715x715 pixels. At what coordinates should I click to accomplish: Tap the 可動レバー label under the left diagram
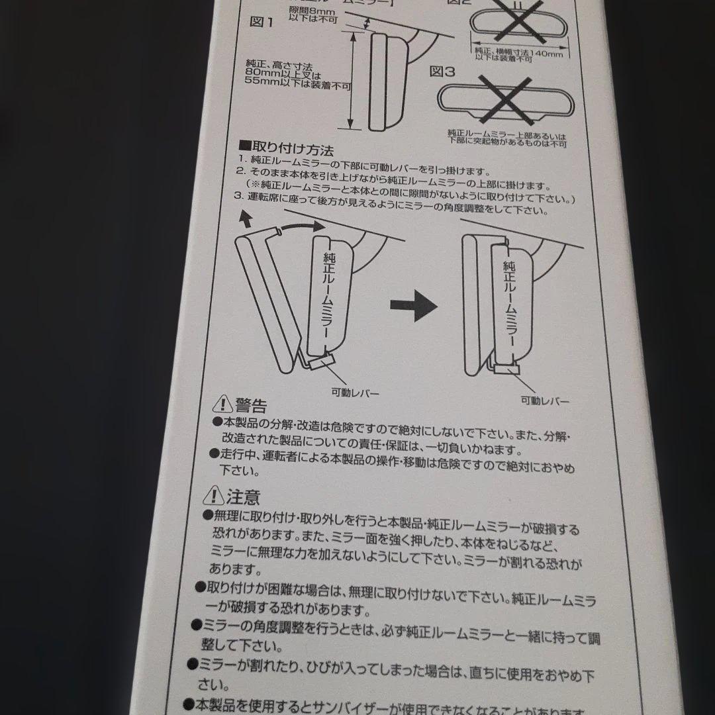point(356,393)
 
